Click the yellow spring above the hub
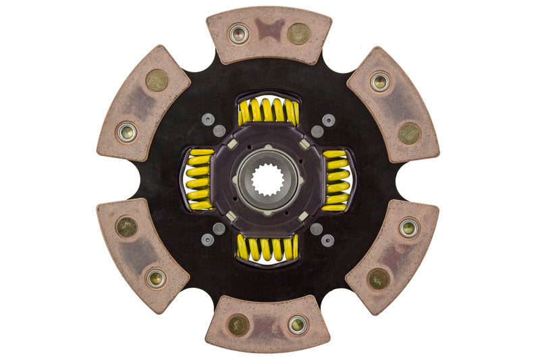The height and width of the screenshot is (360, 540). click(x=268, y=111)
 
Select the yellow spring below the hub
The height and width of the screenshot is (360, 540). click(x=268, y=247)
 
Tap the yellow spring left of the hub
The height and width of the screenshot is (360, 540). click(x=198, y=179)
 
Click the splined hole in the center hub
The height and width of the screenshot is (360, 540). click(x=268, y=180)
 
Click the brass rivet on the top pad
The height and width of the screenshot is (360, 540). click(x=298, y=32)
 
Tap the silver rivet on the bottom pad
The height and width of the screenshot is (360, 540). click(x=298, y=325)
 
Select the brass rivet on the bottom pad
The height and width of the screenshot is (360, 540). click(x=238, y=325)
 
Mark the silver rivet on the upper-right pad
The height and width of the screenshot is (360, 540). click(x=380, y=82)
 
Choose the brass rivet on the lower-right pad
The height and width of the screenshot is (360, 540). click(x=379, y=278)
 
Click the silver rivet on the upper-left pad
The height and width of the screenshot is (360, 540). click(x=126, y=131)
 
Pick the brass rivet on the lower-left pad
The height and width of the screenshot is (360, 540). click(x=126, y=227)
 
